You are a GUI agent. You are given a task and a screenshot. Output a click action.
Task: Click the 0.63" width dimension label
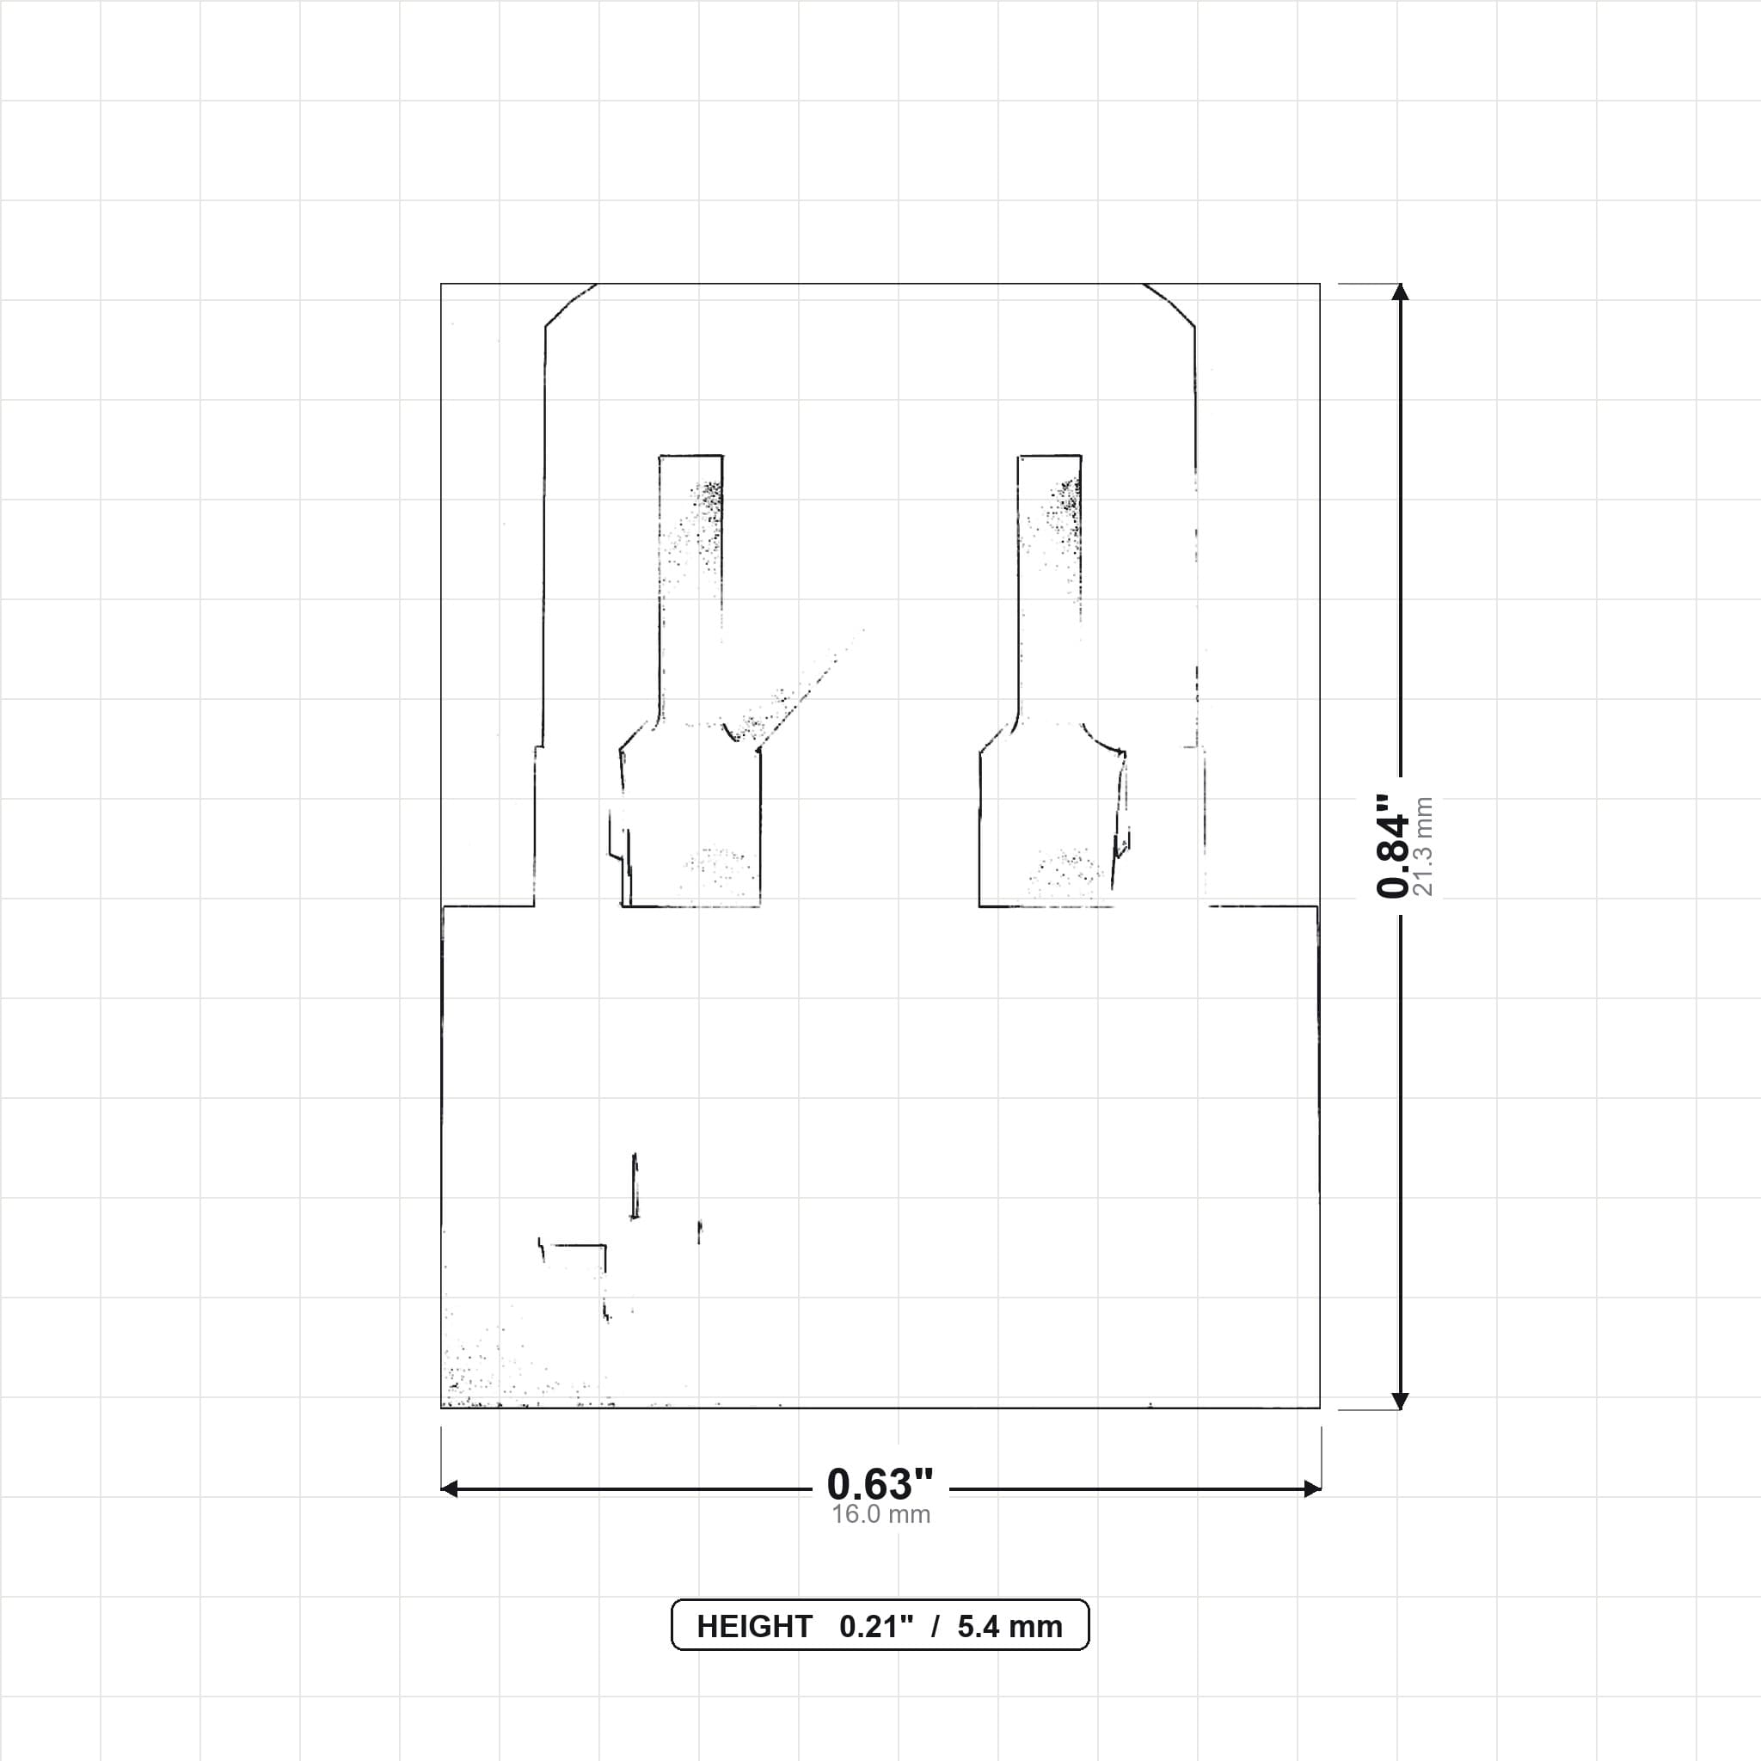click(x=880, y=1485)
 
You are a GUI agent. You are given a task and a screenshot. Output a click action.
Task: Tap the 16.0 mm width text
click(x=880, y=1515)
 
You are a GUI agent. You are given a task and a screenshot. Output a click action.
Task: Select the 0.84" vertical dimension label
click(x=1393, y=846)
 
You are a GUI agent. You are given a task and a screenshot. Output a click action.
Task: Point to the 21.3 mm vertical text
click(x=1423, y=847)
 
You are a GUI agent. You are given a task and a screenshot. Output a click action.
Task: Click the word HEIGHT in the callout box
click(x=754, y=1627)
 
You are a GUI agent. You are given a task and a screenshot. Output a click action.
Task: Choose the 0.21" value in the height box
click(x=876, y=1627)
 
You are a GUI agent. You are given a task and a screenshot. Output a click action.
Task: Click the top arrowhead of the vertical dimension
click(x=1401, y=291)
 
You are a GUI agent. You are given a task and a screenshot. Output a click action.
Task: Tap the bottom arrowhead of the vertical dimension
click(x=1401, y=1401)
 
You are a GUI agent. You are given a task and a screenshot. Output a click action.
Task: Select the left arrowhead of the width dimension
click(x=450, y=1489)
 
